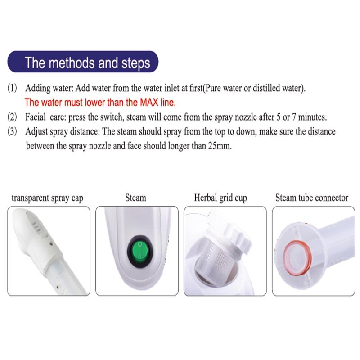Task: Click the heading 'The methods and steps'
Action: click(87, 63)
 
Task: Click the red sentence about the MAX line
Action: click(100, 102)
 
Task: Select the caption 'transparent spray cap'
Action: click(47, 198)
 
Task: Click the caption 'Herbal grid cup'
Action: click(220, 198)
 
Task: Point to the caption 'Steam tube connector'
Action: click(311, 198)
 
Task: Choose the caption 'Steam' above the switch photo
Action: click(135, 198)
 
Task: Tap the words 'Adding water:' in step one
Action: click(47, 88)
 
